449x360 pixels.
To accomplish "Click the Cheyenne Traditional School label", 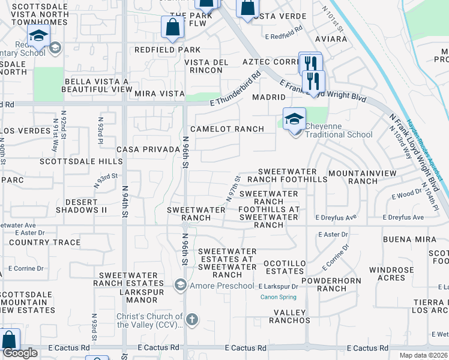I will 339,130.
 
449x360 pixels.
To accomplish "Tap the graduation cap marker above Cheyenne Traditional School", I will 294,118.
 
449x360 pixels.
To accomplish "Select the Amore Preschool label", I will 221,286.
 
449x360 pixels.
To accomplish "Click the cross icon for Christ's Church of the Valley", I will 191,319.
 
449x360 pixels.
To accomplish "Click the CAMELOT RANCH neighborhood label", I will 227,129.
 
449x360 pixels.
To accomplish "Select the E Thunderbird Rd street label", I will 235,91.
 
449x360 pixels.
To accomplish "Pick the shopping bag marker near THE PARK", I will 172,27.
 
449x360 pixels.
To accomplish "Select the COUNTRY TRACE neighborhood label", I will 44,242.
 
